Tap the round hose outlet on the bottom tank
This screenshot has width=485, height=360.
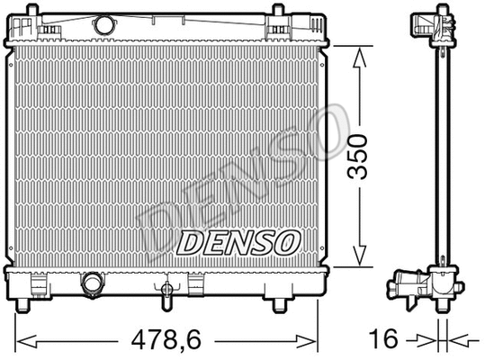point(91,285)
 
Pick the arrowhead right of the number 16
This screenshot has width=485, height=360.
point(456,341)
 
